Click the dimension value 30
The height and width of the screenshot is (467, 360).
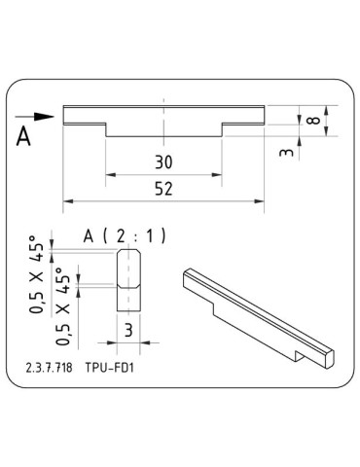[163, 162]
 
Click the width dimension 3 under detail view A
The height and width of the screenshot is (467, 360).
[129, 330]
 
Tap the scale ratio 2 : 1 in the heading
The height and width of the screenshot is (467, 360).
[140, 235]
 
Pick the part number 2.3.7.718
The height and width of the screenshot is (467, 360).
[48, 371]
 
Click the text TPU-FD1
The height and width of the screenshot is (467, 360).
[107, 371]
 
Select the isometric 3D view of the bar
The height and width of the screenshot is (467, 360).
[259, 316]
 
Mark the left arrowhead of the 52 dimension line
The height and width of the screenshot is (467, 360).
[67, 201]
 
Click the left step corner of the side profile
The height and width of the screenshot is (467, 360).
[106, 124]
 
